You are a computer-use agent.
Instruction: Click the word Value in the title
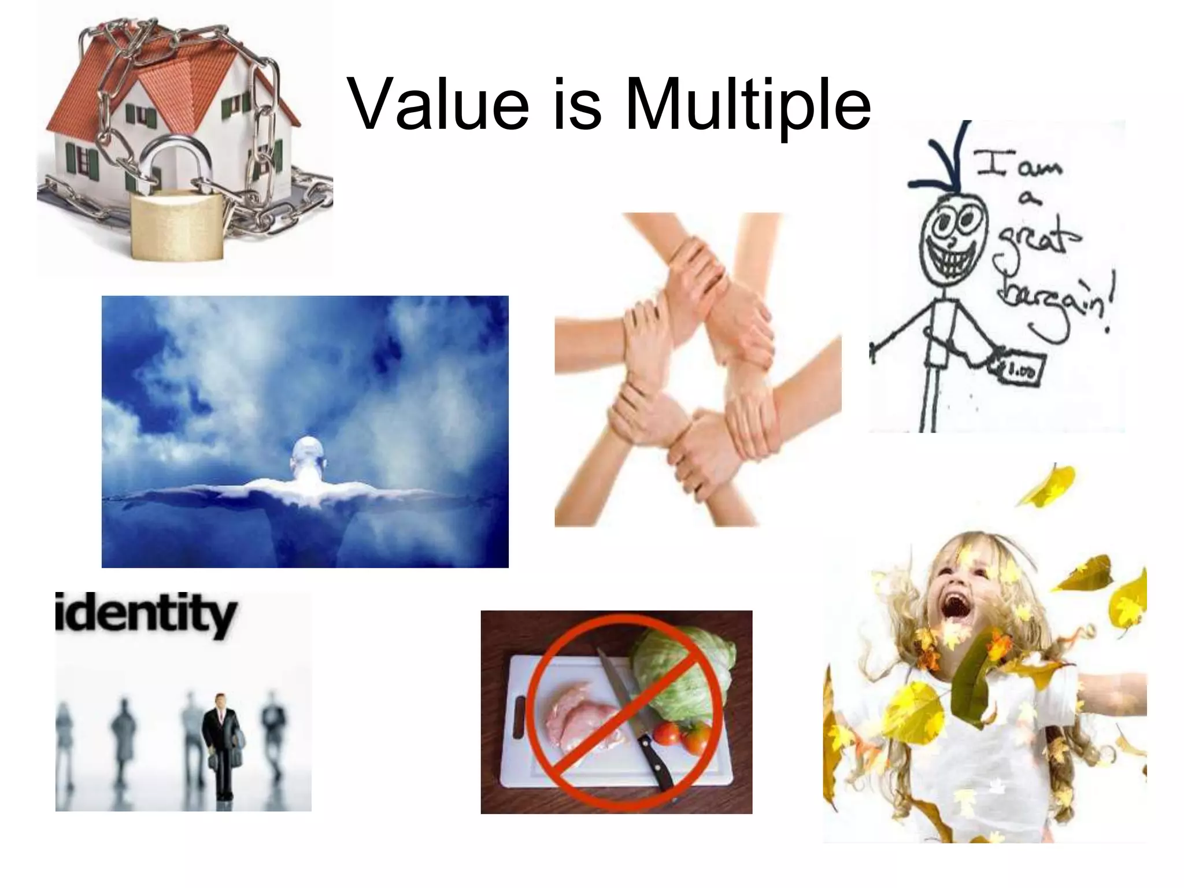(439, 104)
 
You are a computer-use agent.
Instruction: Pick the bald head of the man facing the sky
(306, 454)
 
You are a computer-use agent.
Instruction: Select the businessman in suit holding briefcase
(220, 746)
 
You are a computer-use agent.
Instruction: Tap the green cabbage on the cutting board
(682, 671)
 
